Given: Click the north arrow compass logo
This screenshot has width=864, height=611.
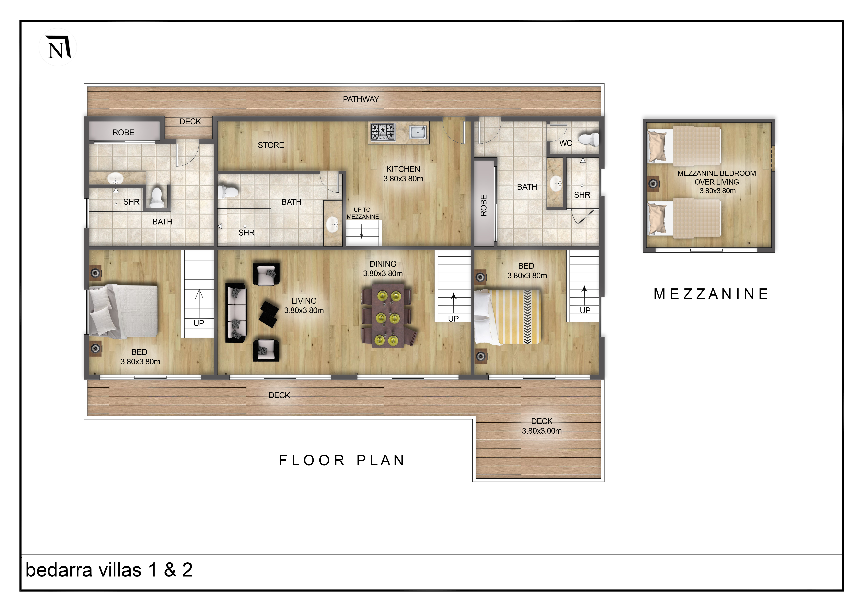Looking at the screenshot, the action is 58,47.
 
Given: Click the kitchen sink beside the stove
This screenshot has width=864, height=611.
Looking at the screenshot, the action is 418,132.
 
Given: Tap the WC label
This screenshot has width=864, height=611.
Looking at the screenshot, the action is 566,143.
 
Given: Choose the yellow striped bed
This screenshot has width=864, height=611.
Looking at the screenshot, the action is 508,317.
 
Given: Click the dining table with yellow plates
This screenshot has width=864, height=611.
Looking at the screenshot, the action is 388,315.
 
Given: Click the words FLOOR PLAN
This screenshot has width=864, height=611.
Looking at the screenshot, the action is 342,460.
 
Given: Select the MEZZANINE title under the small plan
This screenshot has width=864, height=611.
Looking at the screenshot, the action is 711,294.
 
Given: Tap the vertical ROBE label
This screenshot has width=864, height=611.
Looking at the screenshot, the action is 484,205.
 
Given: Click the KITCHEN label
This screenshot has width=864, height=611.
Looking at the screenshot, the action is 403,169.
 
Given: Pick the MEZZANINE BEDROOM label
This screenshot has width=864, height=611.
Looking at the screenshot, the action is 717,173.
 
